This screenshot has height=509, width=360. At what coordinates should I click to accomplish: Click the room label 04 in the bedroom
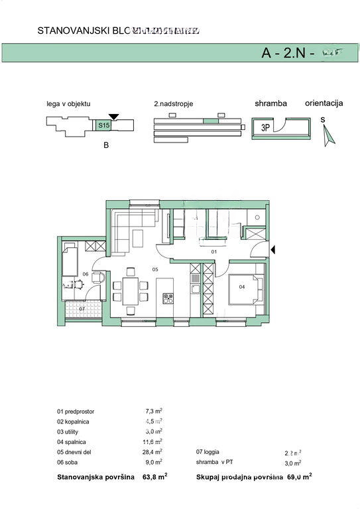pyautogui.click(x=242, y=286)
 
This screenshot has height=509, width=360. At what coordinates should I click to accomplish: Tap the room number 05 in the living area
pyautogui.click(x=155, y=270)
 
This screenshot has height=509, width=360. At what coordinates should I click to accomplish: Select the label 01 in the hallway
pyautogui.click(x=213, y=253)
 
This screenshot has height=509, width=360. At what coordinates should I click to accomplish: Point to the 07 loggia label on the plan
pyautogui.click(x=82, y=308)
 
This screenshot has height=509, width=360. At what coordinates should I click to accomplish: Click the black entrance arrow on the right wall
pyautogui.click(x=275, y=249)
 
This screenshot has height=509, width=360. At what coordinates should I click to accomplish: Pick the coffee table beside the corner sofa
pyautogui.click(x=139, y=237)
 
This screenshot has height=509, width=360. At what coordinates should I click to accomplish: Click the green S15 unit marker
pyautogui.click(x=103, y=125)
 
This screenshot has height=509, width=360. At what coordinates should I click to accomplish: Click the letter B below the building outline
pyautogui.click(x=105, y=146)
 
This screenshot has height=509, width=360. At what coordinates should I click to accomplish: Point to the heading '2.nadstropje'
pyautogui.click(x=174, y=104)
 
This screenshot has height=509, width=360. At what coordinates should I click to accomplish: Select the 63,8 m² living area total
pyautogui.click(x=153, y=476)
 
